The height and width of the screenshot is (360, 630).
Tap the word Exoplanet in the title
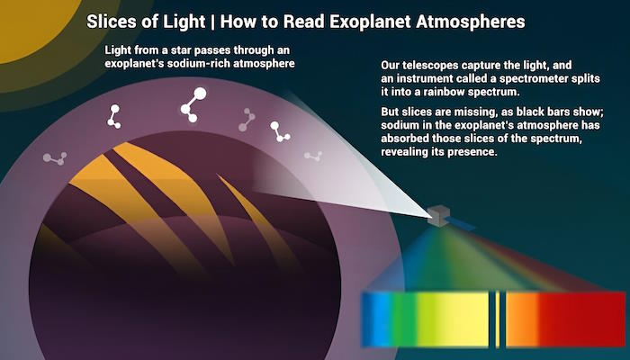(x=371, y=22)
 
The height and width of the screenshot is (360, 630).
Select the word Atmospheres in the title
(x=471, y=22)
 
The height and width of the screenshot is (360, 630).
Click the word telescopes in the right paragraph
(x=431, y=65)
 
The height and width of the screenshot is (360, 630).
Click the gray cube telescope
(x=438, y=215)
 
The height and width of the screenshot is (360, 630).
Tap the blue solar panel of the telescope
(x=462, y=224)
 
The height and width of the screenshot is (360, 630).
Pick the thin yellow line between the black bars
(x=498, y=319)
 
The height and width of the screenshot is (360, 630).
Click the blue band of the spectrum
(x=375, y=319)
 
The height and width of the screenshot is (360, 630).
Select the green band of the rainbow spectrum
(x=404, y=319)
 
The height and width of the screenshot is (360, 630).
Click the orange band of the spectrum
(x=521, y=319)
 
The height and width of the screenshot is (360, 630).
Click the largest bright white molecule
(x=193, y=104)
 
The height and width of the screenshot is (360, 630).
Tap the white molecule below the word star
(x=113, y=116)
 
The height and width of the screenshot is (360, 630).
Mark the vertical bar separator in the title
(x=213, y=22)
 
